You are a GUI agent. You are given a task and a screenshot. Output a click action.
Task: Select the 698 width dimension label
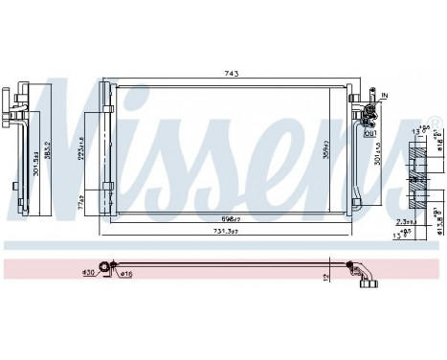point(223,220)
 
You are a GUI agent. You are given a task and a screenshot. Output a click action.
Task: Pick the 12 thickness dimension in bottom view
point(327,277)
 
